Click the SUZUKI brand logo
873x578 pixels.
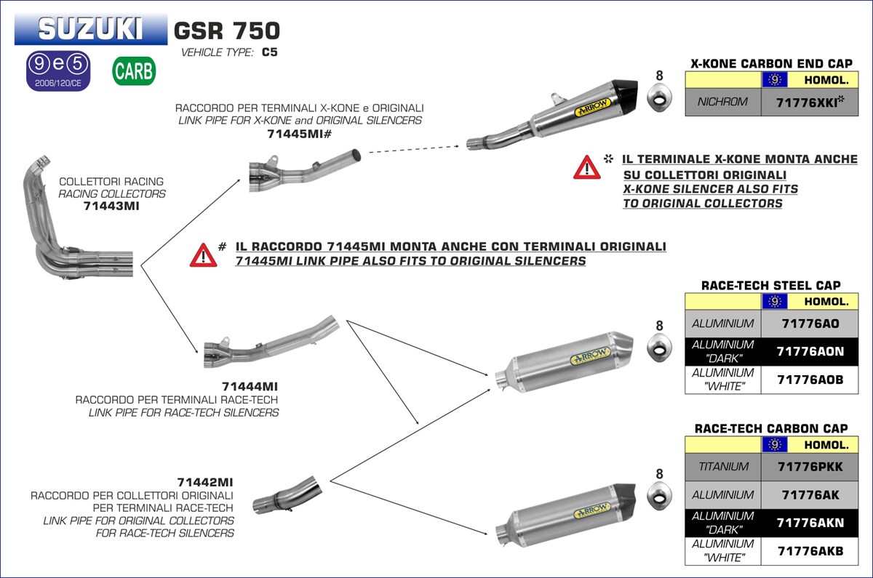pyautogui.click(x=91, y=29)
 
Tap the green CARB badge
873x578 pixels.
pyautogui.click(x=134, y=71)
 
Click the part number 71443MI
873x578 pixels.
pyautogui.click(x=111, y=206)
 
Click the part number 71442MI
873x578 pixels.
pyautogui.click(x=205, y=482)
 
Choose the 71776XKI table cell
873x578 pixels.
pyautogui.click(x=805, y=102)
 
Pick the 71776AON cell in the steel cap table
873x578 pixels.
pyautogui.click(x=810, y=351)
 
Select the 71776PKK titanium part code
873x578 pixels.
pyautogui.click(x=810, y=467)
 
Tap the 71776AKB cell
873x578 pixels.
pyautogui.click(x=810, y=551)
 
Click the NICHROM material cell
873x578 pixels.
pyautogui.click(x=722, y=102)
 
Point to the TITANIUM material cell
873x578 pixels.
pyautogui.click(x=722, y=467)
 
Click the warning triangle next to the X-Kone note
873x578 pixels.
pyautogui.click(x=586, y=168)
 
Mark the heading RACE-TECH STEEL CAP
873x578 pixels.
pyautogui.click(x=770, y=286)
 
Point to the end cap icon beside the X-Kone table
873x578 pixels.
pyautogui.click(x=659, y=99)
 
